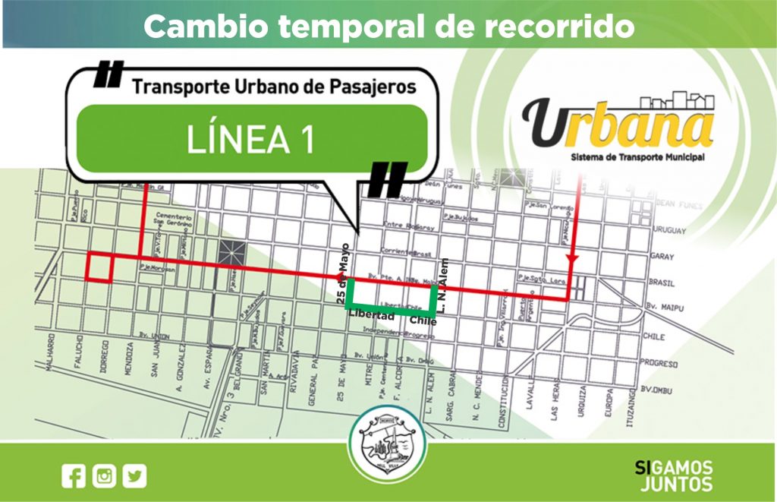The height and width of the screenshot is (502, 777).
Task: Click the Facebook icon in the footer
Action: [74, 476]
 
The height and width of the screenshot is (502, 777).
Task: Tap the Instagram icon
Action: [105, 476]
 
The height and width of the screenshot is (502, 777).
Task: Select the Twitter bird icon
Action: [135, 476]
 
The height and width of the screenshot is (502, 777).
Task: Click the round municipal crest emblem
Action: [383, 440]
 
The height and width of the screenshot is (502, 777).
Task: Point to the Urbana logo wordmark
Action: [618, 125]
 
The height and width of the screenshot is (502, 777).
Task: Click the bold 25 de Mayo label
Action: [343, 274]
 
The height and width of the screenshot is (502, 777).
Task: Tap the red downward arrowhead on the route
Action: [570, 261]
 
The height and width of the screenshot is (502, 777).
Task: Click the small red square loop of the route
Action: [101, 267]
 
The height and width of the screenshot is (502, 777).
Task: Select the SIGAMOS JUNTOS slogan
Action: [672, 475]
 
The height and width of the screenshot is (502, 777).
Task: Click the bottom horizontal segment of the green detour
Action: [392, 311]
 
